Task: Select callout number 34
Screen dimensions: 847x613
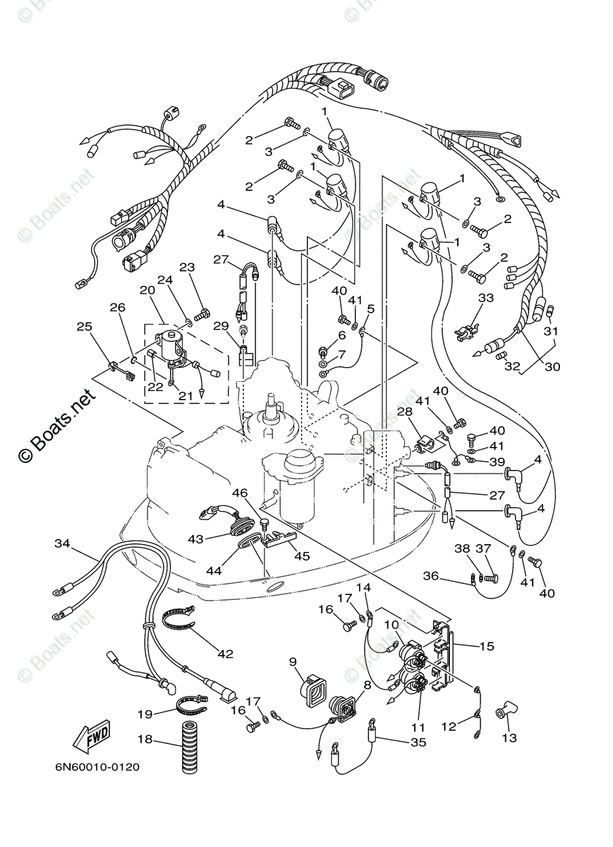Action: [x=63, y=543]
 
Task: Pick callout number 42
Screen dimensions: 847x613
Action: [x=225, y=654]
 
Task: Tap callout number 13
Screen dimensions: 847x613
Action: [x=509, y=738]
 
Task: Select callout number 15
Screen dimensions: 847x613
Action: [x=487, y=645]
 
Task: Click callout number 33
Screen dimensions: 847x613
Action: [x=486, y=299]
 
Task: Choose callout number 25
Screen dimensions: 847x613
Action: [x=84, y=326]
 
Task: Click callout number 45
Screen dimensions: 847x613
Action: [x=302, y=556]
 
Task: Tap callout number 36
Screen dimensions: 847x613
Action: [x=430, y=577]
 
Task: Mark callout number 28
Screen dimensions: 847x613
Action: [x=404, y=411]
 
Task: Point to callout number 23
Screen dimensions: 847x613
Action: [x=186, y=268]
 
